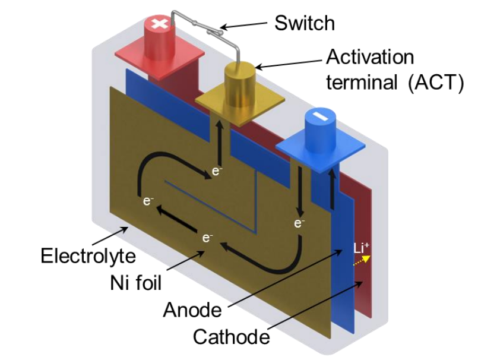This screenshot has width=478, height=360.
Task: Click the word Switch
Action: (304, 24)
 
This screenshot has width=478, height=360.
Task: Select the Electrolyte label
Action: (88, 256)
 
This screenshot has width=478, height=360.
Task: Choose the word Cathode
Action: (231, 337)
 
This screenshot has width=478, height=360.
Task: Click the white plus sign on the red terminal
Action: (160, 24)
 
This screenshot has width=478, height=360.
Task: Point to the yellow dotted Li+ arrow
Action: (363, 260)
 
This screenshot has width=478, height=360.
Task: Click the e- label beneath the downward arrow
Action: (299, 223)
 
